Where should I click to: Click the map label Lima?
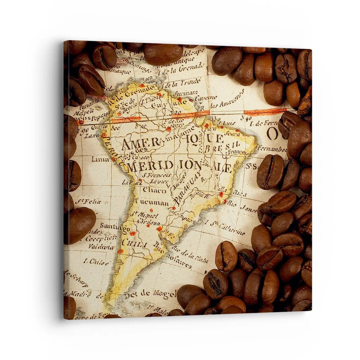(100, 159)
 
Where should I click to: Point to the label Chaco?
(154, 190)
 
